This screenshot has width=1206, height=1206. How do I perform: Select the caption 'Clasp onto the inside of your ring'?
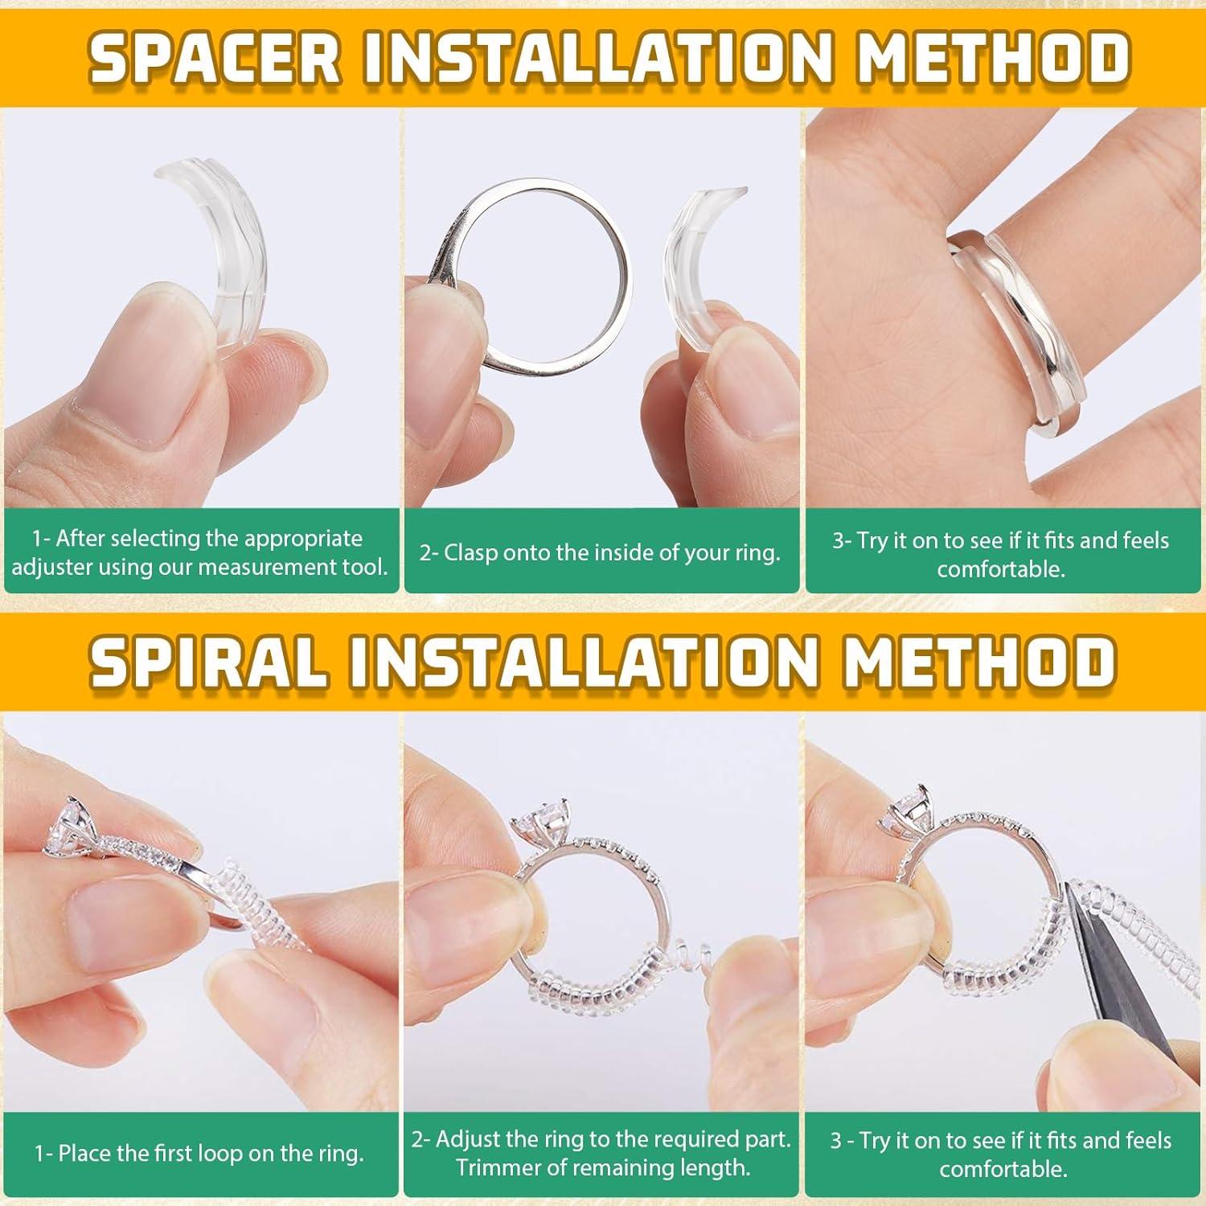tap(600, 553)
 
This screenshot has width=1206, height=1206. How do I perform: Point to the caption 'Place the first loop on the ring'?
tap(199, 1155)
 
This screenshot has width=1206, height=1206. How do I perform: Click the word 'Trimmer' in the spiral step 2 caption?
tap(498, 1167)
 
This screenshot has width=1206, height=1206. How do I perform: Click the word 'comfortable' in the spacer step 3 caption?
tap(1000, 569)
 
